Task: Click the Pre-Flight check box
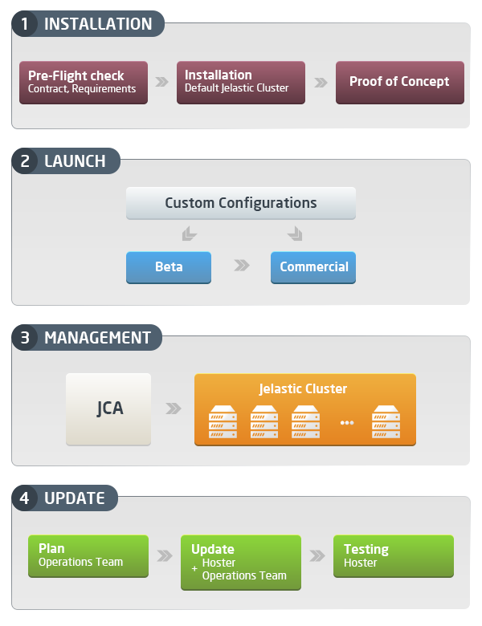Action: tap(83, 82)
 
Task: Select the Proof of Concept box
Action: tap(399, 82)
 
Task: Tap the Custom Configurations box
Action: tap(240, 203)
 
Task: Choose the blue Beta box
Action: tap(168, 267)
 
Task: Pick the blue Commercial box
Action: tap(313, 267)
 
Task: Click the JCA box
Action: tap(108, 409)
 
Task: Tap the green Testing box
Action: tap(393, 555)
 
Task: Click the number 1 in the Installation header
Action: tap(25, 24)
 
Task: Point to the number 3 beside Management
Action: tap(25, 338)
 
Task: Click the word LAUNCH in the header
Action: tap(75, 161)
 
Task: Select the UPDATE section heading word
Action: tap(74, 498)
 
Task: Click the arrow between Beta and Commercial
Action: tap(241, 266)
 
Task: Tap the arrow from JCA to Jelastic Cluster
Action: tap(173, 409)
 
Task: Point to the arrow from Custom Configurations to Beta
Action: tap(189, 234)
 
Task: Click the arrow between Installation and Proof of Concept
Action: tap(321, 82)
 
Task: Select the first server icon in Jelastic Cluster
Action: tap(223, 422)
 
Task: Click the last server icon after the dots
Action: tap(386, 422)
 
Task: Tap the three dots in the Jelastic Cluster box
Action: tap(346, 423)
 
